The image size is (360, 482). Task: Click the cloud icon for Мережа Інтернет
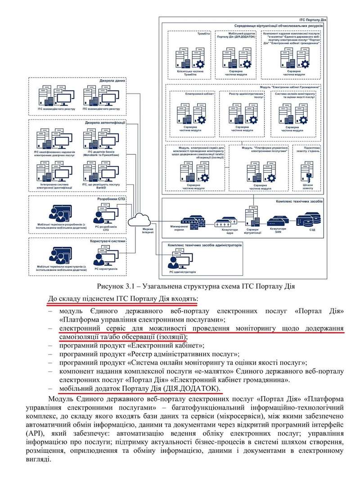tap(140, 220)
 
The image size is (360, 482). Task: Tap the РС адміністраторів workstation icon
tap(176, 261)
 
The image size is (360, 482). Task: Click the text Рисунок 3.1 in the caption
tap(116, 286)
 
